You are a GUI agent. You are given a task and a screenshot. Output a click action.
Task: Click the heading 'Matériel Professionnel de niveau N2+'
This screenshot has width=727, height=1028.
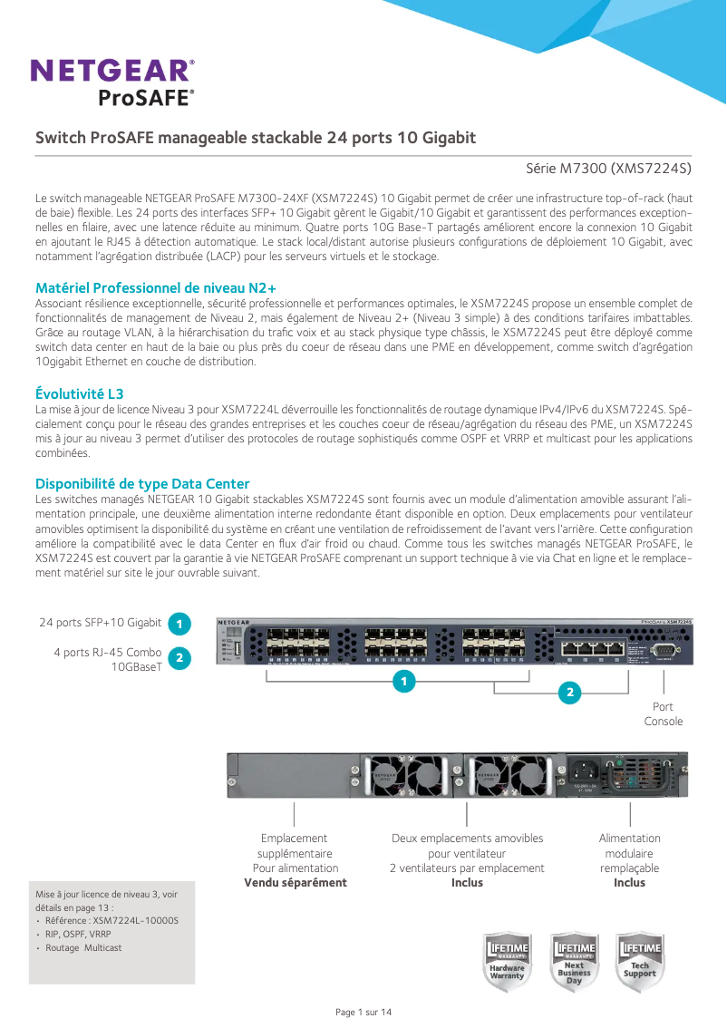coord(155,287)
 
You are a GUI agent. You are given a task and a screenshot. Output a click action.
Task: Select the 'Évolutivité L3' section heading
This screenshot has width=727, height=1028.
coord(79,393)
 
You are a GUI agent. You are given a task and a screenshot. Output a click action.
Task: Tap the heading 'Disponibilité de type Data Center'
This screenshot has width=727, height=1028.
coord(142,484)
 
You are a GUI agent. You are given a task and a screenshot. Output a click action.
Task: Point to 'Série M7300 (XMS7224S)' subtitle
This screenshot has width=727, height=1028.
coord(608,169)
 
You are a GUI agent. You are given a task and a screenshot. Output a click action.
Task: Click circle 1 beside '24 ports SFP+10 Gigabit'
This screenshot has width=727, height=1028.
coord(179,624)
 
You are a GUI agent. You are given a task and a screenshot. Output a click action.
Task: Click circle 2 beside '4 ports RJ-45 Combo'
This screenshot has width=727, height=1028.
coord(179,658)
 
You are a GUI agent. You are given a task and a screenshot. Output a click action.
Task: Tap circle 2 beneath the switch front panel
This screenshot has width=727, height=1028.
coord(569,693)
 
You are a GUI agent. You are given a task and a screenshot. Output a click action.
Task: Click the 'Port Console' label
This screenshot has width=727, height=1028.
coord(663,713)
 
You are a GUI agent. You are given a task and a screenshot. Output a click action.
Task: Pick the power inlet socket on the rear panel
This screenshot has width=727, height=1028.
coord(584,772)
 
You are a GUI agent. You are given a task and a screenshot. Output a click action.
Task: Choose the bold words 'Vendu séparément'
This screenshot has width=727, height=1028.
coord(296,882)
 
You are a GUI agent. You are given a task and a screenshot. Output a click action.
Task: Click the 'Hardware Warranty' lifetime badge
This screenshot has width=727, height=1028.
coord(508,962)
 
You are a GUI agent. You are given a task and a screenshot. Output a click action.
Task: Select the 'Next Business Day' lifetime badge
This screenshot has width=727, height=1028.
coord(574,962)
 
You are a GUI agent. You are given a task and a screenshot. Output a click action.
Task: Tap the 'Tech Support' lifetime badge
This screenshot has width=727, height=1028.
coord(640,962)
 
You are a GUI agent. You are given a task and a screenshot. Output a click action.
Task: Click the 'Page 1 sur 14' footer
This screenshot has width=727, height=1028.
coord(363,1012)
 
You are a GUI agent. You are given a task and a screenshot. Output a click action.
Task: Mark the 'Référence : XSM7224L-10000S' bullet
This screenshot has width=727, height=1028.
coord(111,920)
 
